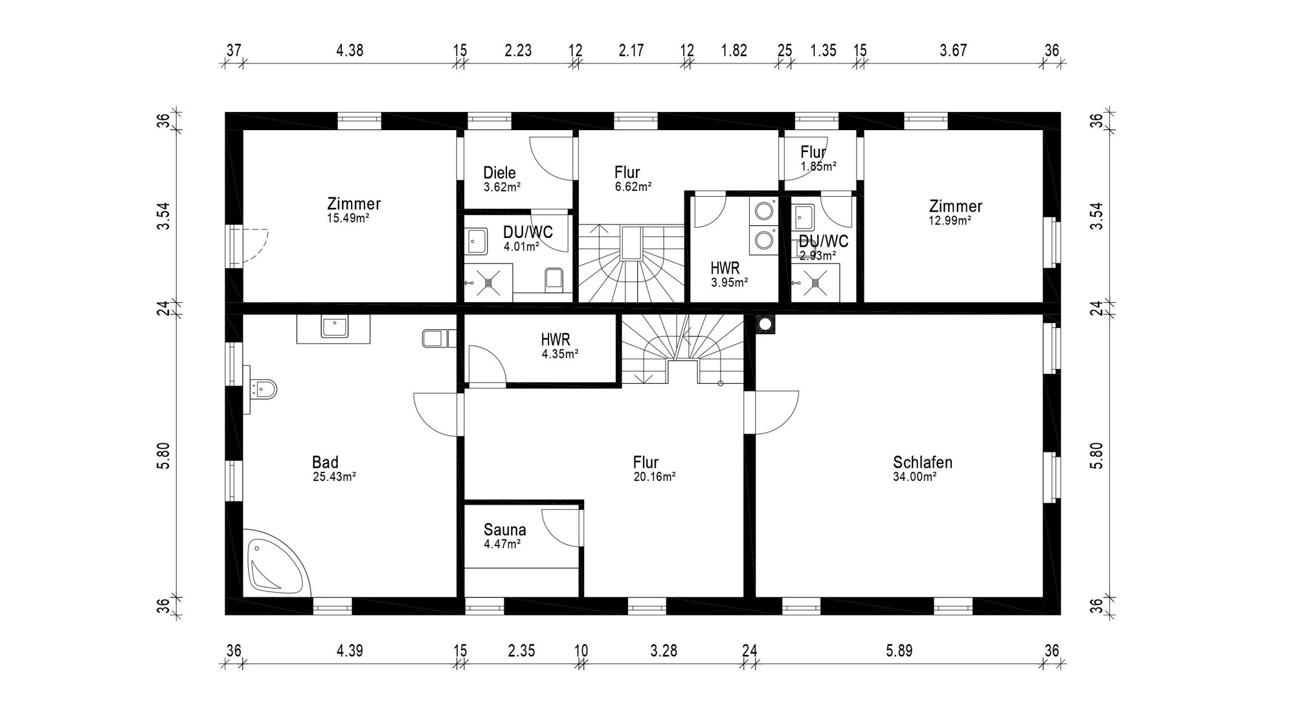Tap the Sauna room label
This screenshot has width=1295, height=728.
(504, 530)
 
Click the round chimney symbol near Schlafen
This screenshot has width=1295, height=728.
(765, 324)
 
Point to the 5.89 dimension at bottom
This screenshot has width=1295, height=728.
(899, 651)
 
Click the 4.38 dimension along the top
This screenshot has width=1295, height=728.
(350, 50)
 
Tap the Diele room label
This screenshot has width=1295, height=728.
(499, 173)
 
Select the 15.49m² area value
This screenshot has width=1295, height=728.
(348, 218)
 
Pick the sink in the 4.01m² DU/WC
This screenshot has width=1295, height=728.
(478, 241)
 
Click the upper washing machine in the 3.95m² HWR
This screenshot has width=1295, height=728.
(765, 211)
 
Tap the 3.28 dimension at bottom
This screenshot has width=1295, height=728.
(664, 651)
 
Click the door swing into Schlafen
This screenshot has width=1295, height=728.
(776, 413)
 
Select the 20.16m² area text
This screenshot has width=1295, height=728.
(655, 477)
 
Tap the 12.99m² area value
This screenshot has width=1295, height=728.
(950, 221)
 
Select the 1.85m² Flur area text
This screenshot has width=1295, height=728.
(818, 166)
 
